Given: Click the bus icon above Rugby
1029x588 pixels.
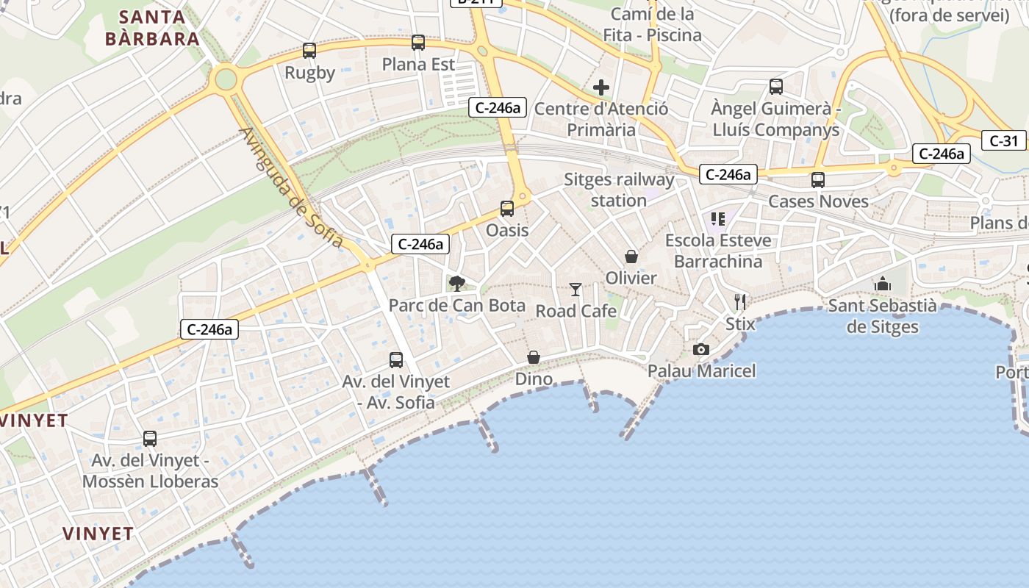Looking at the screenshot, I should click(309, 51).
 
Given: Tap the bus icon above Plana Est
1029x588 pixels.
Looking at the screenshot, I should click(418, 43).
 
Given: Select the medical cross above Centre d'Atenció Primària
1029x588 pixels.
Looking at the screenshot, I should click(601, 88).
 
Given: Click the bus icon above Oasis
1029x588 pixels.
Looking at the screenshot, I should click(507, 209).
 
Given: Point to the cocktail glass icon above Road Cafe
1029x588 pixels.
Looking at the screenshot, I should click(576, 290).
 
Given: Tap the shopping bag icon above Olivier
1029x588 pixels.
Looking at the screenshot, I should click(631, 257).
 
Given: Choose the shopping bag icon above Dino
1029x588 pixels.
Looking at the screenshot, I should click(534, 358).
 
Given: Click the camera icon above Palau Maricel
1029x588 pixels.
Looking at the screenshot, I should click(701, 349).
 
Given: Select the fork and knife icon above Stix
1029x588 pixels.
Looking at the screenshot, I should click(740, 301).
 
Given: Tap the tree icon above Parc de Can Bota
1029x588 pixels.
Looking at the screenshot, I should click(457, 283).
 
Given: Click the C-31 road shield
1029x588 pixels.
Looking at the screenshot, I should click(1003, 141).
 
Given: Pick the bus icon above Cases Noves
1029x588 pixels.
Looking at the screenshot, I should click(818, 180).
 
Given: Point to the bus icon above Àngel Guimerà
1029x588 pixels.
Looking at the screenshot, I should click(776, 87).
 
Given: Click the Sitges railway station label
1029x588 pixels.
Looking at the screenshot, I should click(619, 190).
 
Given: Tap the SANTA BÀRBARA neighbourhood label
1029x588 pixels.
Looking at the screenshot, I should click(152, 28).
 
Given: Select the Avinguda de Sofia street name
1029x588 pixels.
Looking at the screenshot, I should click(292, 187).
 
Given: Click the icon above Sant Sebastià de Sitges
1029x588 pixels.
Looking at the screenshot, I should click(882, 284).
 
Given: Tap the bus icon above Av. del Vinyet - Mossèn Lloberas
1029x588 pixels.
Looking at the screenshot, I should click(150, 439).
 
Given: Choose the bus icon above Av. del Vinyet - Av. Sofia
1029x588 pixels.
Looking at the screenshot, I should click(396, 360).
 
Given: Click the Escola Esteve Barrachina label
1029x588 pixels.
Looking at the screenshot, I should click(718, 251).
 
